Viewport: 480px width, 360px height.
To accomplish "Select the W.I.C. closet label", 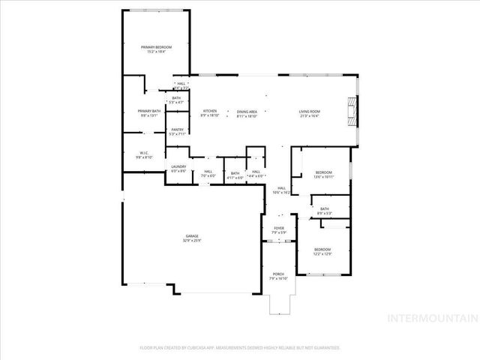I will pos(144,155).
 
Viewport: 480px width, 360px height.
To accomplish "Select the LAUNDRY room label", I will pos(178,169).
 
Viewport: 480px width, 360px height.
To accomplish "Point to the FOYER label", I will pos(278,229).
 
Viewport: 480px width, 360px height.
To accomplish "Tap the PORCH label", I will pos(278,275).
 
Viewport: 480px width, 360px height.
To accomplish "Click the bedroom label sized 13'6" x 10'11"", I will pos(323,175).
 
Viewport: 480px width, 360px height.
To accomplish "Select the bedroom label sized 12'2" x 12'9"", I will pos(322,251).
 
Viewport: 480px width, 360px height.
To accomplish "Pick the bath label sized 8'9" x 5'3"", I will pos(324,211).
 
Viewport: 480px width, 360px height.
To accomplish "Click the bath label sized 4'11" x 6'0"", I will pos(235,175).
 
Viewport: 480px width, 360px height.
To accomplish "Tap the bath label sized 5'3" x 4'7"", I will pos(176,100).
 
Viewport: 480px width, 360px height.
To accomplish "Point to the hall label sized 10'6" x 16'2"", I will pos(282,190).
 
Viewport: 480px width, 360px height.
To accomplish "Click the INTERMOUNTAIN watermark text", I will pos(430,318).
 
